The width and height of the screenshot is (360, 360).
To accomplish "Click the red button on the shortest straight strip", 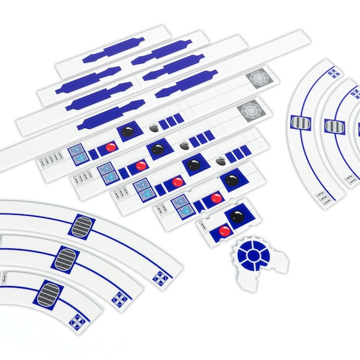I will tap(224, 230).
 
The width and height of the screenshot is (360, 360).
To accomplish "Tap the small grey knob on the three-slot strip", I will tap(221, 160).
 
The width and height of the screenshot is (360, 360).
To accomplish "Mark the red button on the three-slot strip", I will tap(177, 182).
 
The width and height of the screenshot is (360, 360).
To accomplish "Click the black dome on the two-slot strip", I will tap(232, 179).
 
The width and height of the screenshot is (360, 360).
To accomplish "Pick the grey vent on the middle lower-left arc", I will tap(65, 260).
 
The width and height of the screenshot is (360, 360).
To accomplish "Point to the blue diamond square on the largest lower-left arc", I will tap(160, 277).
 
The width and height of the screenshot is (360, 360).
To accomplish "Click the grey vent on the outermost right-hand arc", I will tap(301, 123).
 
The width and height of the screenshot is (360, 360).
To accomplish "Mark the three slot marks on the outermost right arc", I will tap(325, 199).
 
